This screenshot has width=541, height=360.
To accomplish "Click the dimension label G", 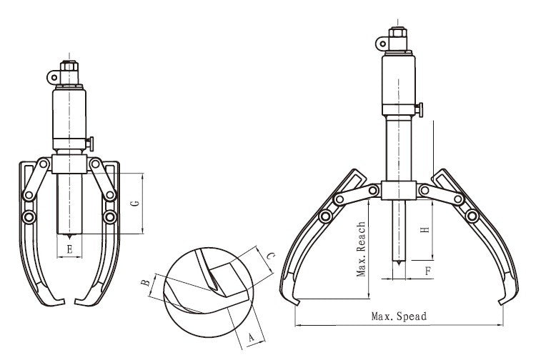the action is click(136, 203).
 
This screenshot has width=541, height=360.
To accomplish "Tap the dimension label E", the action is click(69, 249).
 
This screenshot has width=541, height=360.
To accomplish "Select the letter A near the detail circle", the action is click(252, 336).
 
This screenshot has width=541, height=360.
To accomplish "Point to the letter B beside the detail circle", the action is click(146, 283).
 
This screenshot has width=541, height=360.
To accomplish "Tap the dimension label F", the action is click(428, 271).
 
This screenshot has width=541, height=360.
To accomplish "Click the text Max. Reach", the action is click(361, 249).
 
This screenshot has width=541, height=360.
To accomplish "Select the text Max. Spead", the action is click(399, 316).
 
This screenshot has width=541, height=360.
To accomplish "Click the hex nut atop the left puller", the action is click(69, 66).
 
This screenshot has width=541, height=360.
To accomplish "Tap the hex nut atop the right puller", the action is click(397, 33).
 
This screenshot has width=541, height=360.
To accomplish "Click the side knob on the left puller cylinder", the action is click(90, 144).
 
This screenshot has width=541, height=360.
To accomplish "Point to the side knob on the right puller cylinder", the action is click(420, 110).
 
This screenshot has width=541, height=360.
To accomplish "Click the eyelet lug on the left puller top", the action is click(54, 77).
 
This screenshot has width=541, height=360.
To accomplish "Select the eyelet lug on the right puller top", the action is click(382, 44).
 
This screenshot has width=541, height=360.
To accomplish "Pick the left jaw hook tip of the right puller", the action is click(297, 304).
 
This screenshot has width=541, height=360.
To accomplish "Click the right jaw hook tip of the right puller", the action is click(501, 303).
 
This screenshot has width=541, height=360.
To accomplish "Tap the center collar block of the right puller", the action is click(399, 190).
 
